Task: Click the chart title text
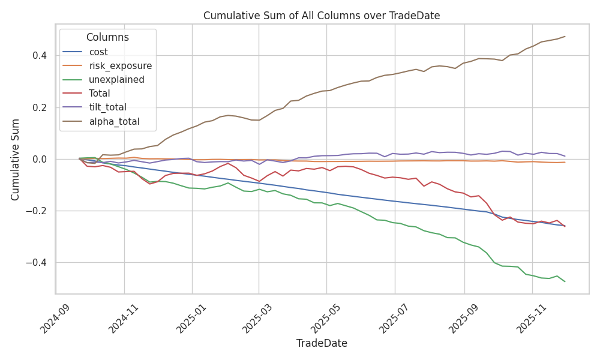tap(322, 16)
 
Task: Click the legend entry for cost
tap(98, 52)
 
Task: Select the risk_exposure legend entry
tap(120, 66)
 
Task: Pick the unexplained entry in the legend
tap(116, 80)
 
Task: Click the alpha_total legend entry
tap(114, 121)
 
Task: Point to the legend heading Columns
tap(107, 37)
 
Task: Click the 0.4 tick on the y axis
tap(40, 56)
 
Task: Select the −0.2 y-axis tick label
tap(37, 211)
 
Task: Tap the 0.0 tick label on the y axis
tap(40, 160)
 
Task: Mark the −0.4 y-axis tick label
tap(37, 263)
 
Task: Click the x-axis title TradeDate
tap(322, 344)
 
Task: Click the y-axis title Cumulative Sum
tap(16, 159)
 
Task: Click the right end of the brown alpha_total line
tap(565, 37)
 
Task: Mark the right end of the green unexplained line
tap(565, 281)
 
